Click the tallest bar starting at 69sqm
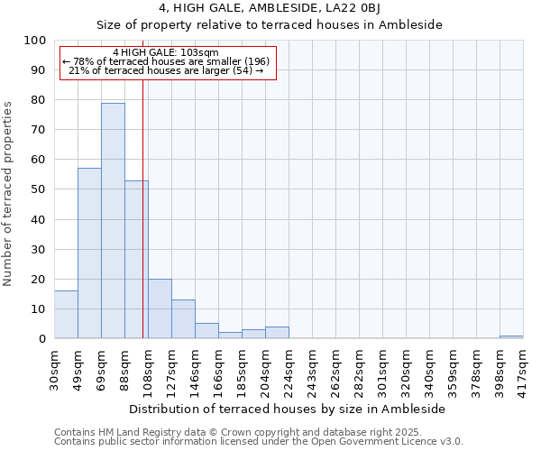coord(113,221)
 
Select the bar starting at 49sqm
coord(89,253)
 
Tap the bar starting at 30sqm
coord(66,315)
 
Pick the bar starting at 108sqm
coord(160,308)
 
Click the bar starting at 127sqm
coord(183,319)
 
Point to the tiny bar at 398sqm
coord(511,336)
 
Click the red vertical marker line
coord(142,225)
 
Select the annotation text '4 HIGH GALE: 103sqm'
coord(166,53)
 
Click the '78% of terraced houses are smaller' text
coord(166,61)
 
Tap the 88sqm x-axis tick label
coord(124,364)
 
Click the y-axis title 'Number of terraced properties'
coord(8,194)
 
